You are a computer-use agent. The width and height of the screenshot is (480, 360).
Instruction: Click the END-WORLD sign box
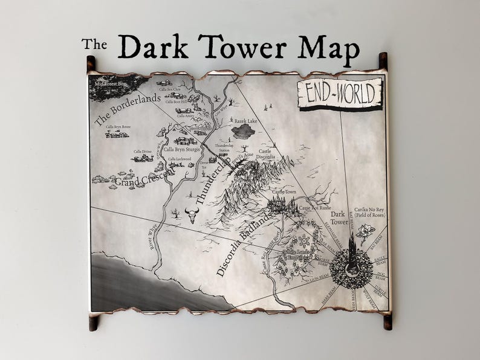(340, 94)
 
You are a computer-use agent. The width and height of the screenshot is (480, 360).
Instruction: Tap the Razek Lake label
(247, 121)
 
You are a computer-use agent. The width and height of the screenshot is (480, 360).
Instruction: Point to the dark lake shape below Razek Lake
(245, 131)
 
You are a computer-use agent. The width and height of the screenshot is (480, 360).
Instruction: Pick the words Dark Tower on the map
(339, 217)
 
